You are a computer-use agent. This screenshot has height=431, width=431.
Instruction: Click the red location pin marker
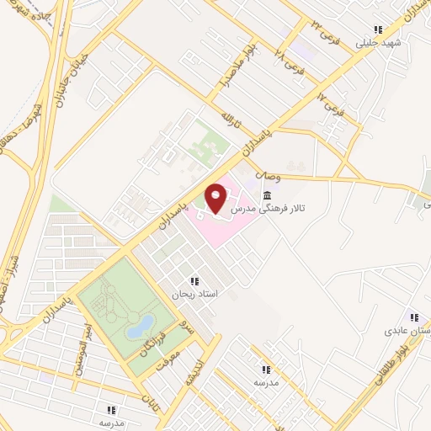click(x=216, y=197)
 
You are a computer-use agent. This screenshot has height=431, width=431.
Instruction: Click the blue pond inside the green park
click(x=141, y=325)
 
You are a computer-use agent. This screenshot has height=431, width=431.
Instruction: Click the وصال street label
click(x=263, y=176)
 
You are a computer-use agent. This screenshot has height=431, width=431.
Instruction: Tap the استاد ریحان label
click(x=194, y=295)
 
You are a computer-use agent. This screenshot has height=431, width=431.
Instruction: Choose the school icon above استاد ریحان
click(x=194, y=282)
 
